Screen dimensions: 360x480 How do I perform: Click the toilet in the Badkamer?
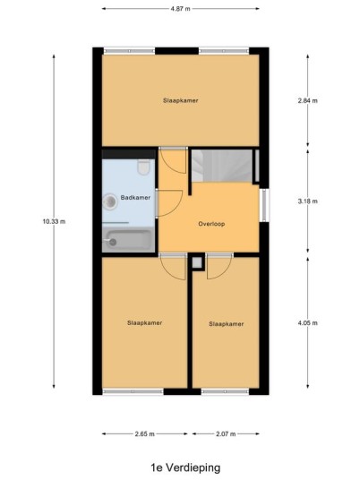pyautogui.click(x=143, y=167)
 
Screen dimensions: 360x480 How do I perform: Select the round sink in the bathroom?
pyautogui.click(x=110, y=201)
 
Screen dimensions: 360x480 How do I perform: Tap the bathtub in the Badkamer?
pyautogui.click(x=129, y=240)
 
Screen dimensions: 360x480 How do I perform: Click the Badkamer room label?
pyautogui.click(x=135, y=197)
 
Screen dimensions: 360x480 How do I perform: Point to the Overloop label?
pyautogui.click(x=211, y=224)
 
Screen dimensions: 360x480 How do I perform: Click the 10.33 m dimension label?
pyautogui.click(x=54, y=221)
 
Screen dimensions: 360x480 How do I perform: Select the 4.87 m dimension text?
pyautogui.click(x=180, y=9)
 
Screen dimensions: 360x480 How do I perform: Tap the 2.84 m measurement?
pyautogui.click(x=308, y=100)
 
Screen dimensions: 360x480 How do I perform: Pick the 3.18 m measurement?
pyautogui.click(x=308, y=201)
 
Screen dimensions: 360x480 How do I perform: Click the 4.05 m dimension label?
pyautogui.click(x=308, y=322)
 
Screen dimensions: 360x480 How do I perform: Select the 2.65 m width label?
pyautogui.click(x=144, y=433)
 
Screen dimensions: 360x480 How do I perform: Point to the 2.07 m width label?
pyautogui.click(x=226, y=433)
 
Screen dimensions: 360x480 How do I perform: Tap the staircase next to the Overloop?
pyautogui.click(x=222, y=166)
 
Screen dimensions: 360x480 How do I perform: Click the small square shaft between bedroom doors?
pyautogui.click(x=197, y=262)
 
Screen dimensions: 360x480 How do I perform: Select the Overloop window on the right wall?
pyautogui.click(x=264, y=205)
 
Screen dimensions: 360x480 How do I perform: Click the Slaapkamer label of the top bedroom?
pyautogui.click(x=181, y=100)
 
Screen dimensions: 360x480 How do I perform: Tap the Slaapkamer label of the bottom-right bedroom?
pyautogui.click(x=227, y=324)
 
